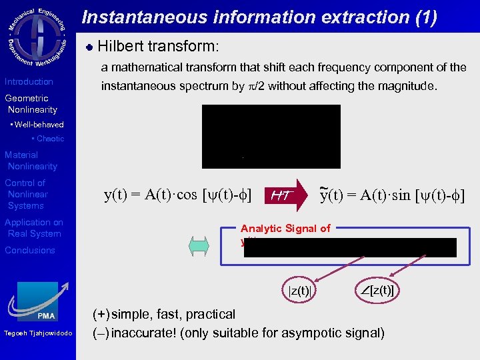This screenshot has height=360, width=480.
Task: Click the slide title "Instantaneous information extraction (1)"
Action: pos(259,17)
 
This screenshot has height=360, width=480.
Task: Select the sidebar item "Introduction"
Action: pos(29,82)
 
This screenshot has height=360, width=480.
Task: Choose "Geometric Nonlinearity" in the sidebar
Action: pos(31,104)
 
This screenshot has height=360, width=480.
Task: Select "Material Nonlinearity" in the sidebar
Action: pos(31,161)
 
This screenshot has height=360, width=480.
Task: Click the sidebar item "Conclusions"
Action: pos(30,251)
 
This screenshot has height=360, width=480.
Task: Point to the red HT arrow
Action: pos(286,194)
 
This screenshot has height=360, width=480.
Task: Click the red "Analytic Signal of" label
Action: pos(285,229)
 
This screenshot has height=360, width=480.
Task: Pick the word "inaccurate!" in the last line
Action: pos(143,333)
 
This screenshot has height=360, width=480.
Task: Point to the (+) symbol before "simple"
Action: pos(101,314)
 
